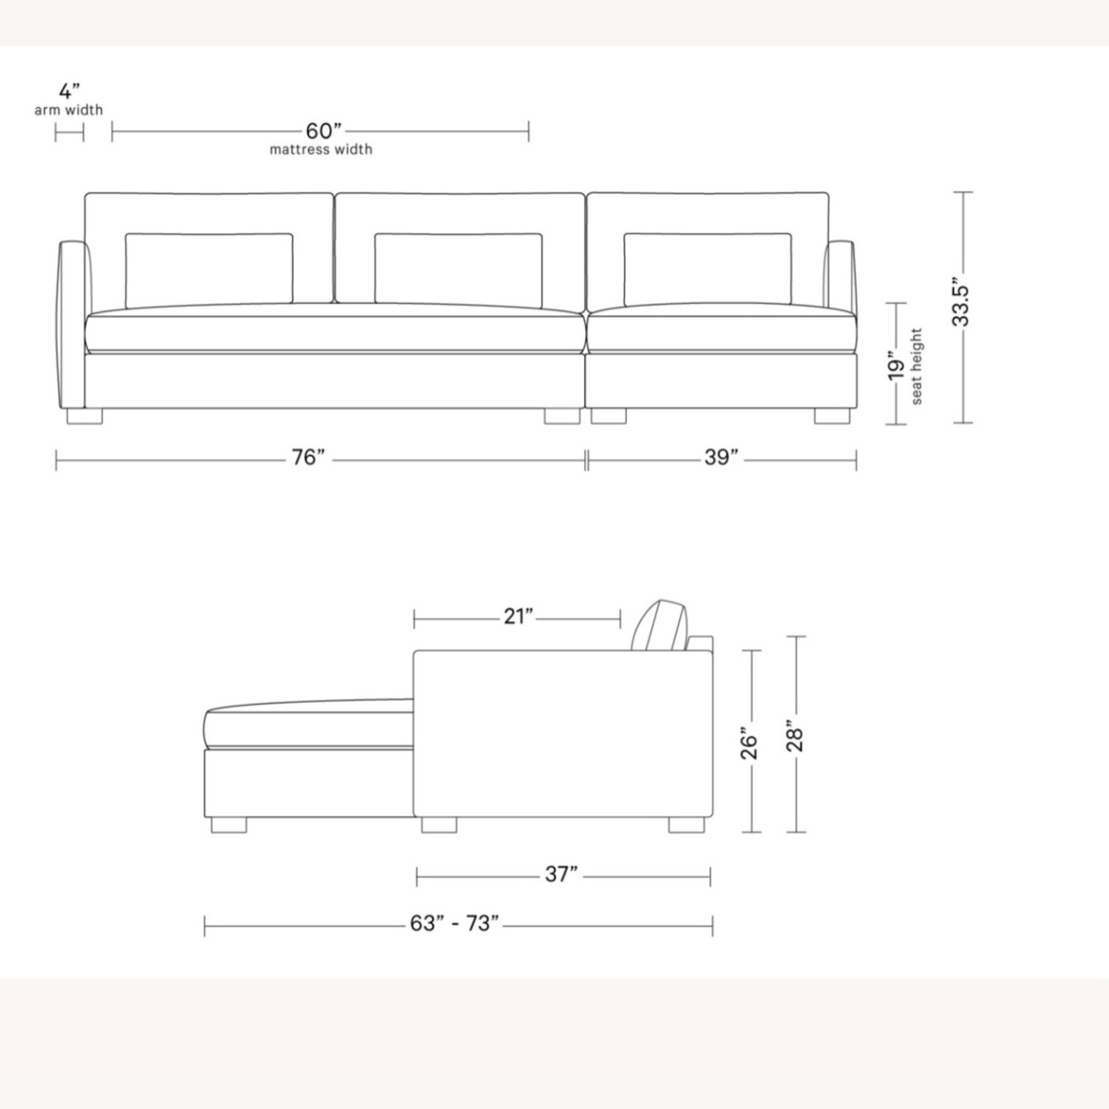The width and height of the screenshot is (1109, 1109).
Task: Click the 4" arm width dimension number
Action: [69, 92]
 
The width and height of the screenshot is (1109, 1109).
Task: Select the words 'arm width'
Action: [69, 110]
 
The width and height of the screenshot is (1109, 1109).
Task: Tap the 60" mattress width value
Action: [324, 131]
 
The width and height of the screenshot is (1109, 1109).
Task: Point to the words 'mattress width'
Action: [321, 149]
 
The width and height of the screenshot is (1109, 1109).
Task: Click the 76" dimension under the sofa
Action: [308, 458]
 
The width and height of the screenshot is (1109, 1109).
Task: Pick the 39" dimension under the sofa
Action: [721, 458]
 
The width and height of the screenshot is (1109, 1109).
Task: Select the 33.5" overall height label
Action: [961, 302]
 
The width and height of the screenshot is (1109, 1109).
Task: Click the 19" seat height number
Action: [896, 367]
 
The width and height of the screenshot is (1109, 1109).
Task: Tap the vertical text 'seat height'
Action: [917, 367]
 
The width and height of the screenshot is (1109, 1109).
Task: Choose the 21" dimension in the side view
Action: [518, 616]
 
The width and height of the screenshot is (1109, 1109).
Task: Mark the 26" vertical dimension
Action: [750, 746]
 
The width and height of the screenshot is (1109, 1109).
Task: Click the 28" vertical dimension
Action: [795, 736]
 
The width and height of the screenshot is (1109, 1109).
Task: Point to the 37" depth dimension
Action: [561, 874]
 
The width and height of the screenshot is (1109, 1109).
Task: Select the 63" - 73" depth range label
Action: [455, 923]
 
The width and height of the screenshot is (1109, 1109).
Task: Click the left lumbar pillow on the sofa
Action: [208, 269]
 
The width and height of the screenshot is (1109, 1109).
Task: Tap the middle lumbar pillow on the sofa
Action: [458, 269]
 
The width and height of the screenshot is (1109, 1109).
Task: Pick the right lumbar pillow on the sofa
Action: [708, 269]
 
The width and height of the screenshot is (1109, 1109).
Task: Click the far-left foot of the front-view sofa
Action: [84, 416]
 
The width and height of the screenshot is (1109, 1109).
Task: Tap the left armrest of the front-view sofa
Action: [72, 325]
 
